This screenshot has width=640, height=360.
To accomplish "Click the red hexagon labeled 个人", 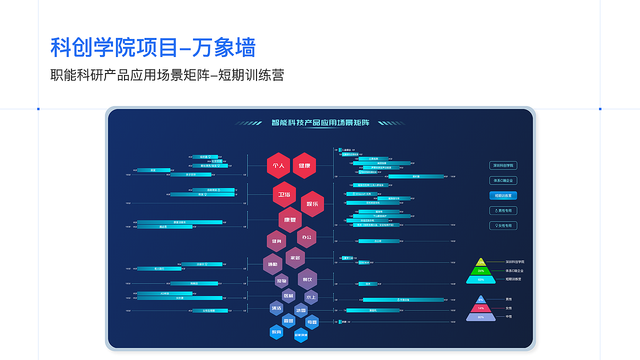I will tap(278, 165).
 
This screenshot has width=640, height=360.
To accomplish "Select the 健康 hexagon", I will tap(304, 165).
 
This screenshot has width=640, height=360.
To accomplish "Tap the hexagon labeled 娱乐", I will tap(312, 204).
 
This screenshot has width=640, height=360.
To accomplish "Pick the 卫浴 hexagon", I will tap(284, 195).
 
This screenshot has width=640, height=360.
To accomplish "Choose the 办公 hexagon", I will tap(306, 237).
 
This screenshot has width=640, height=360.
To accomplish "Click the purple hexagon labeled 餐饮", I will tap(307, 279).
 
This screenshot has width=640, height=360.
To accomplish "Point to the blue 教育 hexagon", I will tap(276, 332).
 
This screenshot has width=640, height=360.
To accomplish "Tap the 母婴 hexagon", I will tap(312, 322).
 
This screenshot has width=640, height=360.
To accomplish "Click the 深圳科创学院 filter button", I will tap(503, 165).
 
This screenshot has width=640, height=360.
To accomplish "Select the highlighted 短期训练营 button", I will tap(503, 195).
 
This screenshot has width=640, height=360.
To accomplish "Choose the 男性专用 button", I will tap(503, 210).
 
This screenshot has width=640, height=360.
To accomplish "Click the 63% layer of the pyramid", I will tap(481, 279).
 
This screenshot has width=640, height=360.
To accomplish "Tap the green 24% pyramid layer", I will tap(481, 271).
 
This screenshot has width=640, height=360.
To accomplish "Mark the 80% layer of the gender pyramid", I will tap(481, 317).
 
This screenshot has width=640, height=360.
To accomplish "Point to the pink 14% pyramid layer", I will tap(481, 308).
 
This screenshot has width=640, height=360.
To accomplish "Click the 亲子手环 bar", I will tap(190, 174).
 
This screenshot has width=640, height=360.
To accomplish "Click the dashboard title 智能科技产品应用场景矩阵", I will tap(320, 122).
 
